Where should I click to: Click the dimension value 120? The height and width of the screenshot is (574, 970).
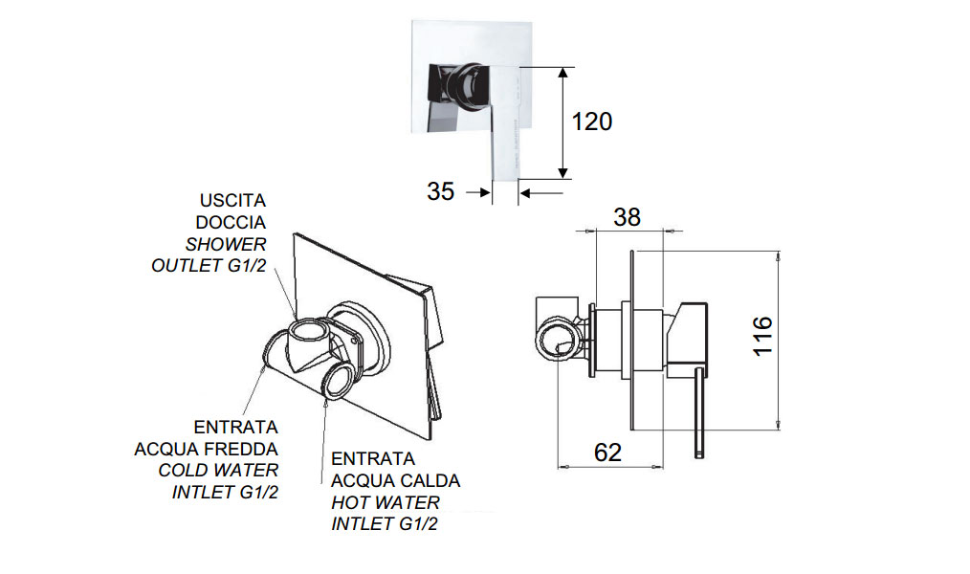click(x=591, y=121)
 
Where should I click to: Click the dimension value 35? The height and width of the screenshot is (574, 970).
click(x=441, y=191)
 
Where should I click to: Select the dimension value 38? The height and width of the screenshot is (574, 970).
click(x=627, y=217)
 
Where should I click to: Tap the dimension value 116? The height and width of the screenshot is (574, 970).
click(x=762, y=336)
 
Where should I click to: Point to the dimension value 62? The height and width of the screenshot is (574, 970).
click(x=607, y=452)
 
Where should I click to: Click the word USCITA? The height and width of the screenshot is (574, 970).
click(x=232, y=201)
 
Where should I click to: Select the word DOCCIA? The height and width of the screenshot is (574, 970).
click(x=231, y=222)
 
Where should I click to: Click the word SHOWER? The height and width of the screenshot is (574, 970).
click(x=228, y=244)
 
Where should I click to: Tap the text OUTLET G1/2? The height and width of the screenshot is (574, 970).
click(x=209, y=266)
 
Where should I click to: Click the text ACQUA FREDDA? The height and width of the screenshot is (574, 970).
click(x=207, y=449)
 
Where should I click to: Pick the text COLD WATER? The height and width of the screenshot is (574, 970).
click(x=218, y=471)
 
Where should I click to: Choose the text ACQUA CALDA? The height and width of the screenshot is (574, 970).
click(x=396, y=480)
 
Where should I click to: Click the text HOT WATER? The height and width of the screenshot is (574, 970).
click(x=386, y=502)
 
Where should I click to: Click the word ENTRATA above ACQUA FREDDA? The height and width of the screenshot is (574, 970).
click(x=235, y=427)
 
